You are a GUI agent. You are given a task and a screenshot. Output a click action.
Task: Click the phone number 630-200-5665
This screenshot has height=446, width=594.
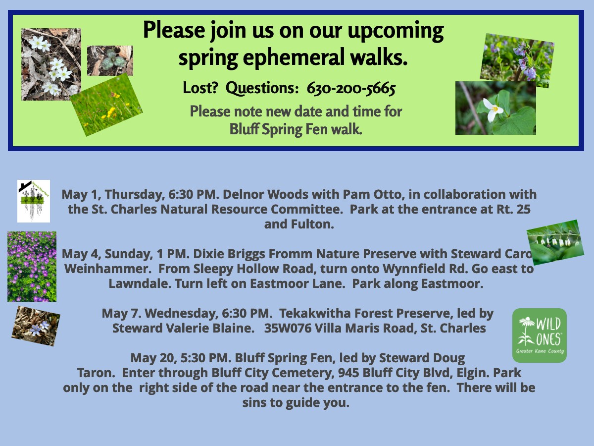tap(351, 88)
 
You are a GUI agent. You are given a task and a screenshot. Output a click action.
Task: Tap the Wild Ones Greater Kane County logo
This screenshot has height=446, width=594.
tap(540, 335)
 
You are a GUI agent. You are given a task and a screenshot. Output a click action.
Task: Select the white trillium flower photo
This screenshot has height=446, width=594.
tap(495, 108)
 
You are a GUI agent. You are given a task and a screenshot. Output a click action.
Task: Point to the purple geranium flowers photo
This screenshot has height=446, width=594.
tap(32, 267)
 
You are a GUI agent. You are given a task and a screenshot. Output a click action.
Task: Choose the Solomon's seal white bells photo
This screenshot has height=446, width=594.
tap(555, 242)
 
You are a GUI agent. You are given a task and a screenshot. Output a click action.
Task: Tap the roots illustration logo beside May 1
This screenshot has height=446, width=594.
tap(34, 201)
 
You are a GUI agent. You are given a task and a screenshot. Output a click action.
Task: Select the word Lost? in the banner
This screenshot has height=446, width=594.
tap(200, 88)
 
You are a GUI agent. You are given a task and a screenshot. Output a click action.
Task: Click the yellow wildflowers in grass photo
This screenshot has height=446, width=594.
tap(106, 105)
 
